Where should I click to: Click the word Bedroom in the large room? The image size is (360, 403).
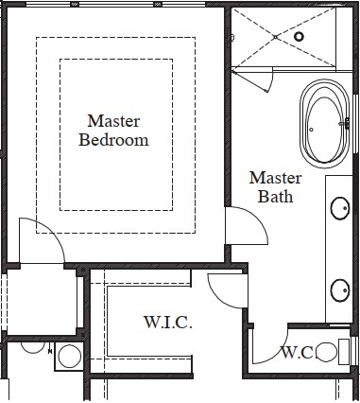pos(113,140)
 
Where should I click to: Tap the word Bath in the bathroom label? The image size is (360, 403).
pos(275,197)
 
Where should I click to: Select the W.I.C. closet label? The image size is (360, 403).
pos(168,323)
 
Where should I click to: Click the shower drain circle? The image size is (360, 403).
pos(299,37)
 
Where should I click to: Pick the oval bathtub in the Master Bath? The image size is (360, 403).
pos(325,124)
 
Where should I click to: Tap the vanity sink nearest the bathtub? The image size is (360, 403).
pos(340,208)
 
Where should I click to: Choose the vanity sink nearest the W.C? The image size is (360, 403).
pos(340,290)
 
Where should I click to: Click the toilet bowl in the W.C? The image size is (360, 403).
pos(327,352)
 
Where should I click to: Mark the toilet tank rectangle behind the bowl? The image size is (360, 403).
pos(344,352)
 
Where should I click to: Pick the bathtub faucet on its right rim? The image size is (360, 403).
pos(346,123)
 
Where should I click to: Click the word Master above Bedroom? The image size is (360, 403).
pos(113,121)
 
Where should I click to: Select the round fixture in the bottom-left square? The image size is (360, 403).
pos(69,357)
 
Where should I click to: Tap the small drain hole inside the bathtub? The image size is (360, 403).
pos(311,130)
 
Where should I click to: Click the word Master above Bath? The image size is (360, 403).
pos(275,178)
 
